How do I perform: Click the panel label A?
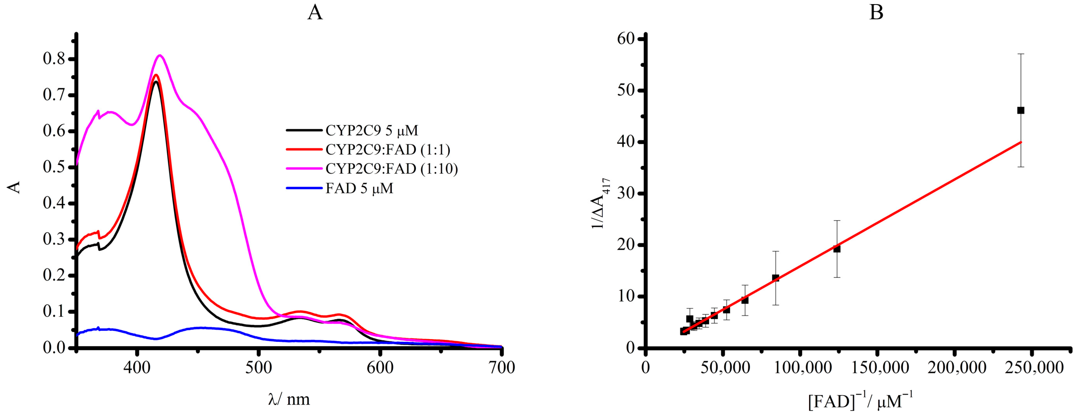315,13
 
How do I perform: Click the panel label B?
876,13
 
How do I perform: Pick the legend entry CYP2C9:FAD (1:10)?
391,169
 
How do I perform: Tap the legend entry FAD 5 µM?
359,188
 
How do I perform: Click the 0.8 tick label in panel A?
54,59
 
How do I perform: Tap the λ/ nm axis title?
289,399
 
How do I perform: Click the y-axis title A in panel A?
15,187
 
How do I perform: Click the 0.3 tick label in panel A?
54,239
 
